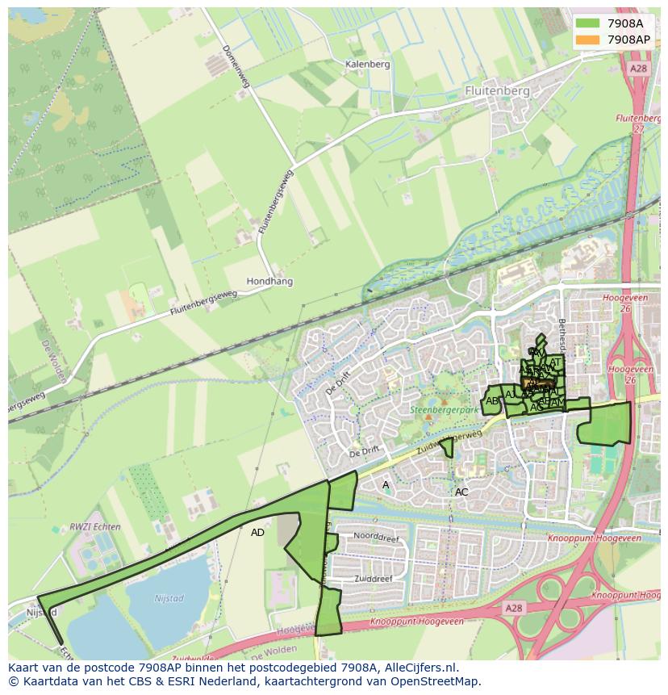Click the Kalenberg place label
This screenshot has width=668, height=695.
(367, 64)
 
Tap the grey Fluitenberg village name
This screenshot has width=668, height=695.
(498, 91)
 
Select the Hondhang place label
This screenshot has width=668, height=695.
(269, 282)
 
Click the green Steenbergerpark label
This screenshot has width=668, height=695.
(445, 410)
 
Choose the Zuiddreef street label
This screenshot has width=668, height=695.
(372, 579)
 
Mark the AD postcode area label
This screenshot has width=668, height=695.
(257, 533)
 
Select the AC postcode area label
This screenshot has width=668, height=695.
(461, 492)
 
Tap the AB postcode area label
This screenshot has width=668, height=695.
(492, 401)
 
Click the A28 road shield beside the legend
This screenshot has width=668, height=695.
(639, 69)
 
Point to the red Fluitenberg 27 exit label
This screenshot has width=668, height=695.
(637, 124)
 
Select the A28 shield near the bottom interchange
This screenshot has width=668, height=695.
(514, 606)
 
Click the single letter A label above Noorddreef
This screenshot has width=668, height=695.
(386, 485)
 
